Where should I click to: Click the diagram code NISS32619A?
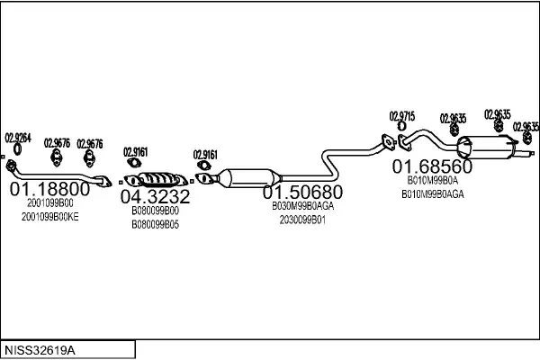coord(40,350)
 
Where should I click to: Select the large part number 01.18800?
coord(49,189)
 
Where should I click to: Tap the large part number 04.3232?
coord(155,197)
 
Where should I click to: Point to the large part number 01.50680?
coord(302,193)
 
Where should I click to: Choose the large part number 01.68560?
coord(432,166)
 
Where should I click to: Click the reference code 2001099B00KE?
coord(49,217)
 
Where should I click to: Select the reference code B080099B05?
coord(156,225)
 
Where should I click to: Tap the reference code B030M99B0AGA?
coord(302,206)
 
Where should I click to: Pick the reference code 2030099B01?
coord(302,220)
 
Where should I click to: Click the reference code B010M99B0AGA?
coord(433,194)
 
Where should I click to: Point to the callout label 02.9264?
coord(18,138)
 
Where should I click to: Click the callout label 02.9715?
coord(402,116)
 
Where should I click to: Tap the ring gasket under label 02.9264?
coord(17,149)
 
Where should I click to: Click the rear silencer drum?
coord(486,148)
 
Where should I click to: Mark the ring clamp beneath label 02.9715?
coord(401,126)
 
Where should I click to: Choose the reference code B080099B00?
coord(156,211)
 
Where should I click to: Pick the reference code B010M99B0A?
coord(433,180)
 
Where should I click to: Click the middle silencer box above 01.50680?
coord(249,178)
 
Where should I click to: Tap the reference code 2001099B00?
coord(49,203)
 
